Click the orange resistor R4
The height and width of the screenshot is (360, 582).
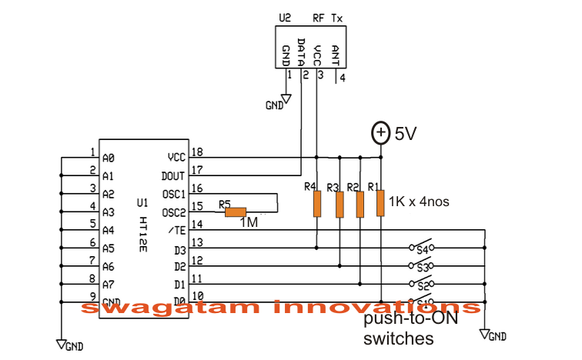coord(316,205)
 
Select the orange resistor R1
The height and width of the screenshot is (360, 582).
coord(380,204)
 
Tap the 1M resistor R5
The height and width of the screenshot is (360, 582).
coord(235,212)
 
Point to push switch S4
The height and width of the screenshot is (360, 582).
coord(421,247)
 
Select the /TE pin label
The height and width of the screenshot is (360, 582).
coord(176,230)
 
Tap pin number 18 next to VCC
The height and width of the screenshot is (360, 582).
coord(196,153)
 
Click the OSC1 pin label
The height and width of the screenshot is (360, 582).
coord(176,194)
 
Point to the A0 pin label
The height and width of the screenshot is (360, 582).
coord(108,157)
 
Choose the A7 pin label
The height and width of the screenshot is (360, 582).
coord(108,285)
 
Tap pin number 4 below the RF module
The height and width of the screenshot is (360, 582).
coord(343,78)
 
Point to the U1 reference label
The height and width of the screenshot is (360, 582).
coord(141,203)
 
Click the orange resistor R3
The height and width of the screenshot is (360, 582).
coord(338,205)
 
